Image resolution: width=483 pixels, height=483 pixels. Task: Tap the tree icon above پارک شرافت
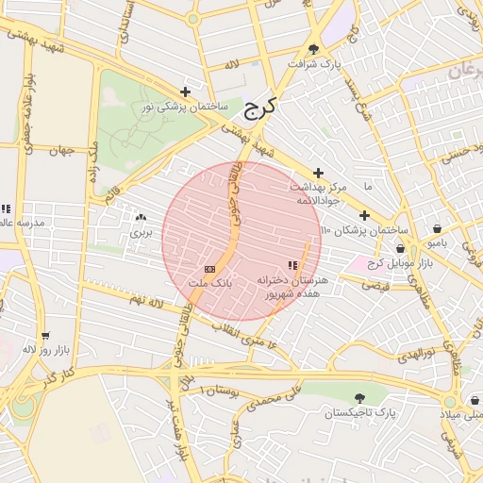313,49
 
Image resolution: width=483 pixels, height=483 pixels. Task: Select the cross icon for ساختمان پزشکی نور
185,92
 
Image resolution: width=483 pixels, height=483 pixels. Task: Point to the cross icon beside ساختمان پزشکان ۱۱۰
364,216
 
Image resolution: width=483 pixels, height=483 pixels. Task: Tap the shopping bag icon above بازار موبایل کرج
401,248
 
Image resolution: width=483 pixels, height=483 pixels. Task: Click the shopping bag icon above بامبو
437,228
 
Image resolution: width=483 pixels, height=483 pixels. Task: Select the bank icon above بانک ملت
209,269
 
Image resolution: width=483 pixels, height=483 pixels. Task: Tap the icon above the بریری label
141,217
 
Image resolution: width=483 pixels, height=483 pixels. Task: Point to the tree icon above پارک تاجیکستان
358,399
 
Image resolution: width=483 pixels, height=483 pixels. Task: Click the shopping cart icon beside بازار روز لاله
44,336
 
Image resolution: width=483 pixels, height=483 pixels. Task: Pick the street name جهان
63,150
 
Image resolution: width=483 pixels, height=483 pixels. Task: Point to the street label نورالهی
414,356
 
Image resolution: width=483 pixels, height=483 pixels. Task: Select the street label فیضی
375,284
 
